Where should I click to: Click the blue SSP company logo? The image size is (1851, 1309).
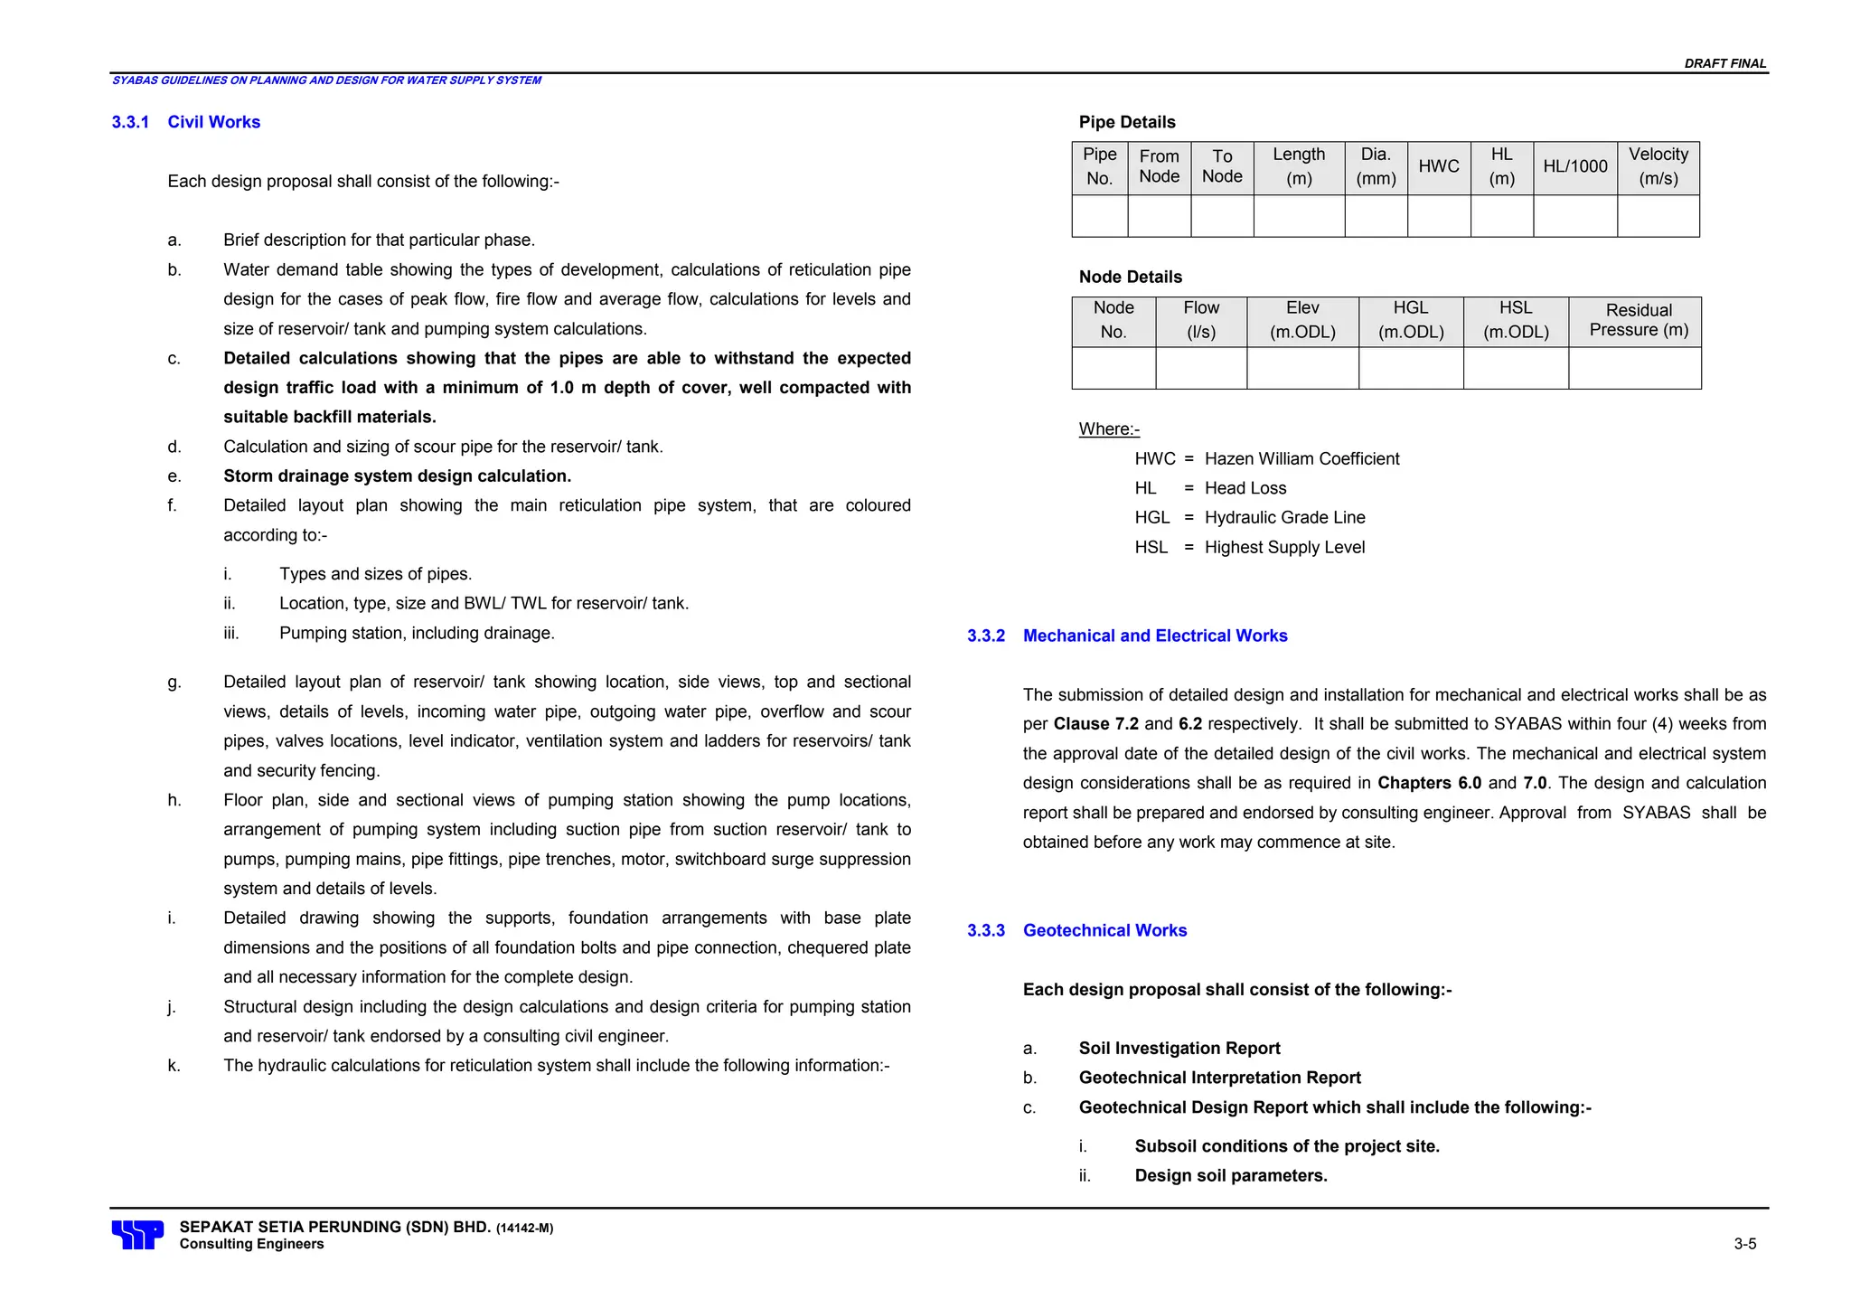137,1234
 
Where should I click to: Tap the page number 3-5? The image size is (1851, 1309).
1744,1244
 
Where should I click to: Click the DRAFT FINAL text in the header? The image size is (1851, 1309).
1724,63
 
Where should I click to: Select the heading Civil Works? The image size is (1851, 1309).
213,122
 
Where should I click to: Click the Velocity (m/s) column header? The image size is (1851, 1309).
1658,166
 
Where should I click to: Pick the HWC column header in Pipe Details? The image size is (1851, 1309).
1438,166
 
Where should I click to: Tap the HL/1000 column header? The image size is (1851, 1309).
1574,166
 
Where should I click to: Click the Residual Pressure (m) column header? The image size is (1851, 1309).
1638,320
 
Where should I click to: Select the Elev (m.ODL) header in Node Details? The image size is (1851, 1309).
1301,320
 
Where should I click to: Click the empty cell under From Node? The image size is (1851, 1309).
1159,216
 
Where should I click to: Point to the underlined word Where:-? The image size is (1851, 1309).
1109,429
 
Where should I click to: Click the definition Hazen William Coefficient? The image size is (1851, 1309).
1301,459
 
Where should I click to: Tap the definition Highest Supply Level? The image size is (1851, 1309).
1284,548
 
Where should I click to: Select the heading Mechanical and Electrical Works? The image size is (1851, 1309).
1154,636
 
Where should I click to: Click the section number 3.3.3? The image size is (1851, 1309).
985,930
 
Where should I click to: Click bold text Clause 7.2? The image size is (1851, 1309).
1095,724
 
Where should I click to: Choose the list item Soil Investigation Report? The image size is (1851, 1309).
1179,1049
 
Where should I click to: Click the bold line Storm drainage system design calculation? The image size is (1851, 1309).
397,476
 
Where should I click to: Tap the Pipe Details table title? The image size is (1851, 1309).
1126,122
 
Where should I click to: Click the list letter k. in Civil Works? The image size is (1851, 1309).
174,1066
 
